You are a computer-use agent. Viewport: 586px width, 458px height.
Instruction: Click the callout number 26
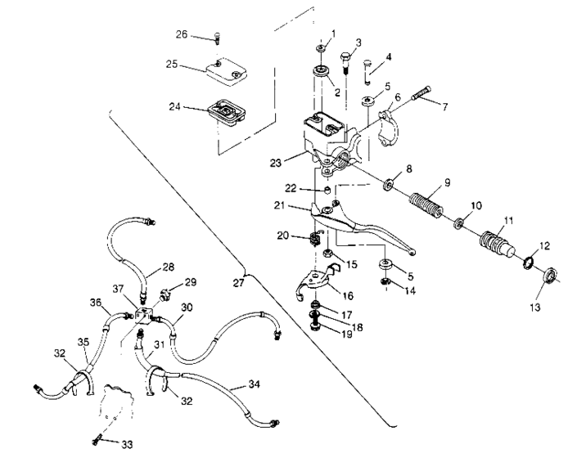coord(182,34)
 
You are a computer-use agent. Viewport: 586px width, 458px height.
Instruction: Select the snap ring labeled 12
coord(530,263)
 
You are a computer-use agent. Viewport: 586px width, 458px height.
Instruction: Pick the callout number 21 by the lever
coord(303,205)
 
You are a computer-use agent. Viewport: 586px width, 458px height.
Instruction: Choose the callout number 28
coord(168,267)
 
